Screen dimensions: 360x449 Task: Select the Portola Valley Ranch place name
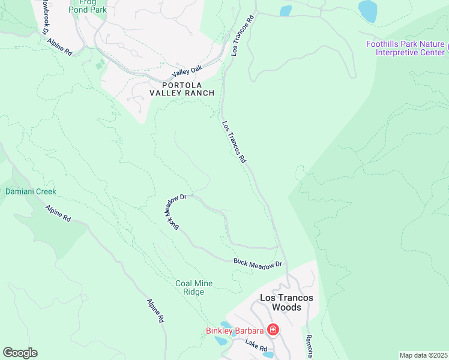(179, 89)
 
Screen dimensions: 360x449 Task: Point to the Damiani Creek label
(30, 192)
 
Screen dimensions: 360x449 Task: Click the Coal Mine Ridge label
(194, 287)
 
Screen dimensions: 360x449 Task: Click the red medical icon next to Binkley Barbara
(273, 330)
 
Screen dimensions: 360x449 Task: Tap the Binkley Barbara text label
(234, 331)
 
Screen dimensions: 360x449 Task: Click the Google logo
(20, 353)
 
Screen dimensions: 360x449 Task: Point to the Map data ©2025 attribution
(423, 355)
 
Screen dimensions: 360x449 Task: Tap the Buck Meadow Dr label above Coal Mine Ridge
(258, 263)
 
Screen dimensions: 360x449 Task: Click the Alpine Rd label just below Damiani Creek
(58, 213)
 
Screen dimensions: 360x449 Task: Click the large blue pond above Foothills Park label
(368, 11)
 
